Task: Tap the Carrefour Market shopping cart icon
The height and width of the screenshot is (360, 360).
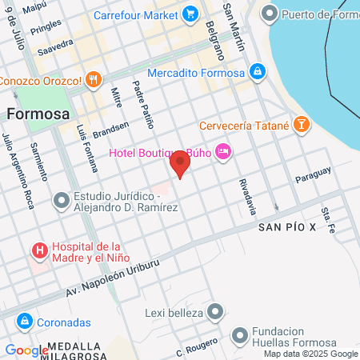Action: click(x=190, y=14)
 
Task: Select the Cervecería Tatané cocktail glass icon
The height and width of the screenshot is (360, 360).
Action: click(x=302, y=124)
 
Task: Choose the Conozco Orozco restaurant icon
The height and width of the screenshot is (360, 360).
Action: click(x=94, y=80)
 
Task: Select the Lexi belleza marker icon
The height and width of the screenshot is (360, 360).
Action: click(x=214, y=311)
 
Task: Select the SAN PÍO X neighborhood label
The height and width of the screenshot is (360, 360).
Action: click(x=287, y=228)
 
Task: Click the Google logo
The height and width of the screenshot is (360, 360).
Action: click(x=26, y=350)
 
